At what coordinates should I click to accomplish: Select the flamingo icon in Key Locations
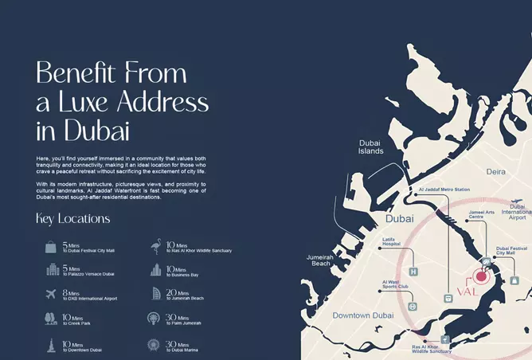(x=155, y=246)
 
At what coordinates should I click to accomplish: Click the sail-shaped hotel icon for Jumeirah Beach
(x=155, y=295)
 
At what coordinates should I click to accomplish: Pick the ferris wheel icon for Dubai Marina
(x=155, y=346)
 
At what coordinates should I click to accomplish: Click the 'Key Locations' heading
(x=73, y=218)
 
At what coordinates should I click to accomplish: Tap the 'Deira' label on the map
(x=497, y=170)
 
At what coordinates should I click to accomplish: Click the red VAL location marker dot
(x=479, y=277)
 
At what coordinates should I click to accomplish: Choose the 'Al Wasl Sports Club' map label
(x=396, y=284)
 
